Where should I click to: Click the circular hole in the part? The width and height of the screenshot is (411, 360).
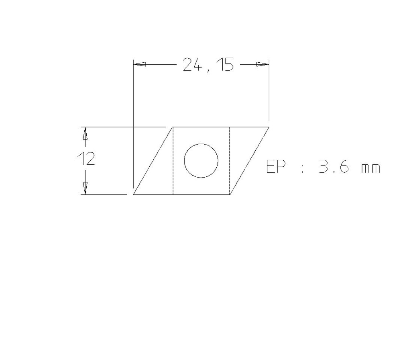pos(201,161)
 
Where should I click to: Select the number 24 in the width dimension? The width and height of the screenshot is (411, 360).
pos(192,64)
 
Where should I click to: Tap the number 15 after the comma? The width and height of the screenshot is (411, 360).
pos(226,64)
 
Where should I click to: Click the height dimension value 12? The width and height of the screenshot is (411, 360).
pos(86,160)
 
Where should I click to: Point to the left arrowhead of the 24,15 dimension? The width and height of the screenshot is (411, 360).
pos(139,64)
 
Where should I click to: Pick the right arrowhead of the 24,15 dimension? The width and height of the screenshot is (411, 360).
pos(262,64)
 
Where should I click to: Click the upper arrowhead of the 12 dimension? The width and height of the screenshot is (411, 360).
pos(85,133)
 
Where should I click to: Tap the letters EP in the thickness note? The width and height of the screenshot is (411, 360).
pos(276,167)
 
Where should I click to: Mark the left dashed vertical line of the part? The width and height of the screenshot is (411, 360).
pos(173,161)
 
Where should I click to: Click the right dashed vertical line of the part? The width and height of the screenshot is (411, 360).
pos(229,161)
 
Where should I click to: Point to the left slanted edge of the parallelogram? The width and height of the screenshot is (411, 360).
pos(153,161)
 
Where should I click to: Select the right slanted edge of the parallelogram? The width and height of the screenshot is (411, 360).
pos(249,161)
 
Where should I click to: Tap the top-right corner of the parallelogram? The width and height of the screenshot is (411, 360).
pos(269,127)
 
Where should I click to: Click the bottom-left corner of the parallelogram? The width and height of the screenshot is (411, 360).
pos(133,194)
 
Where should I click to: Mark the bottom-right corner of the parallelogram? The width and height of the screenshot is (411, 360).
pos(230,194)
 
